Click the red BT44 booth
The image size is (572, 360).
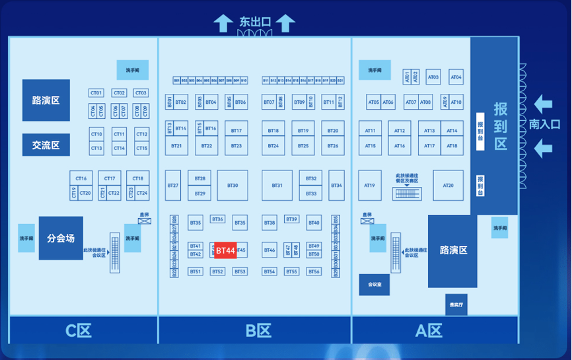tap(225, 250)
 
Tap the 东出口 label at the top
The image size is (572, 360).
tap(255, 22)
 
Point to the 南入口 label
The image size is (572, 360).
tap(545, 124)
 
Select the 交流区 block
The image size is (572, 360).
tap(46, 145)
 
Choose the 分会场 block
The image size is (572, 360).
tap(61, 238)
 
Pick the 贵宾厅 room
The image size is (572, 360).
tap(456, 305)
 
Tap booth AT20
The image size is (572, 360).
tap(448, 186)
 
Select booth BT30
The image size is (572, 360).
tap(232, 186)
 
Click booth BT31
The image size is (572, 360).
tap(277, 186)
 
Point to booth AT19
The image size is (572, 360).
tap(370, 186)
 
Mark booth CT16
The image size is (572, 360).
tap(81, 178)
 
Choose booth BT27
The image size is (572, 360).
tap(172, 186)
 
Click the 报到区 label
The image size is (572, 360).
tap(501, 126)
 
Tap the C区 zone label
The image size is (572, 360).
tap(78, 330)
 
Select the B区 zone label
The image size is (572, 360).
tap(254, 330)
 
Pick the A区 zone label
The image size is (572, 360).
tap(428, 330)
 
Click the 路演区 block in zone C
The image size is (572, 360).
tap(46, 100)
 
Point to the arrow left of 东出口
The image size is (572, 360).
tap(221, 23)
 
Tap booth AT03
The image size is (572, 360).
tap(433, 77)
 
